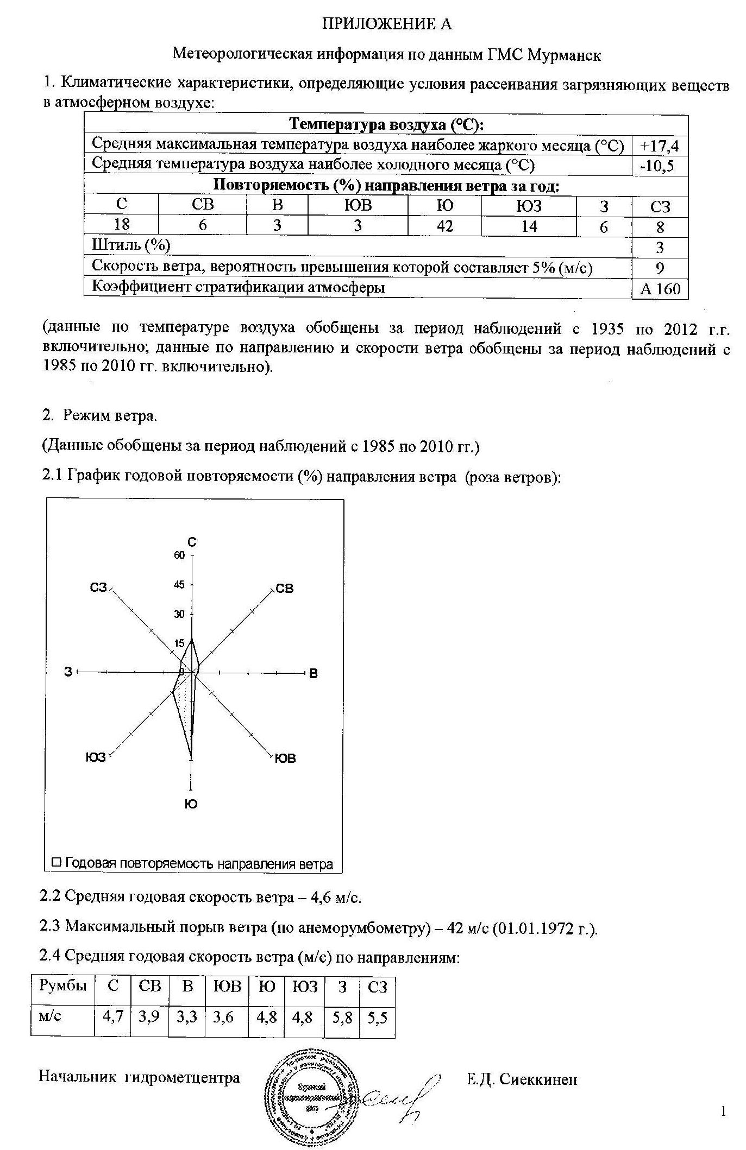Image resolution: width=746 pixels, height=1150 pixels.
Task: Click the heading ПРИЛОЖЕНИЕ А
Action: [387, 24]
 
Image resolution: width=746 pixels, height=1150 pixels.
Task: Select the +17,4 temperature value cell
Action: [660, 146]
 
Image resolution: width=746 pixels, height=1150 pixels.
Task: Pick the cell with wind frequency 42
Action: [444, 225]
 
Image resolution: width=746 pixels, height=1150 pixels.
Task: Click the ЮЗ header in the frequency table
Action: [528, 206]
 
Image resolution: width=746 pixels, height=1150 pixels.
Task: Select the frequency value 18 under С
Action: [121, 224]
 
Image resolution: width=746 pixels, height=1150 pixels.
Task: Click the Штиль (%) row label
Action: [131, 245]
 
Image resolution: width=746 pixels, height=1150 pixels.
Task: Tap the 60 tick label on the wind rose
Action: [179, 555]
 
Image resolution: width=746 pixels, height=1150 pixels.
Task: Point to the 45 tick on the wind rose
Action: [179, 585]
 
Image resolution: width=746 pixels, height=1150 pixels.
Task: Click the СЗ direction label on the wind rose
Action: [98, 588]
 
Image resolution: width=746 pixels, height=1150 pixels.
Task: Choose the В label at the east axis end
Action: [313, 674]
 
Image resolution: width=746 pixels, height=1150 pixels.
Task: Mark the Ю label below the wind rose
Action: [191, 804]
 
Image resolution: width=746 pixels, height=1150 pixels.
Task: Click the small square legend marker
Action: [56, 862]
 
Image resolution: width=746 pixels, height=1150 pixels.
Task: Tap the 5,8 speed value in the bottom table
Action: [341, 1018]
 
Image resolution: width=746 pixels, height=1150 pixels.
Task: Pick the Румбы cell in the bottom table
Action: [62, 985]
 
